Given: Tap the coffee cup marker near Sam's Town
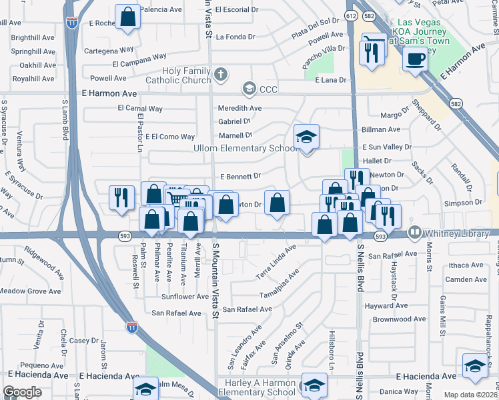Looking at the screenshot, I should [x=414, y=59].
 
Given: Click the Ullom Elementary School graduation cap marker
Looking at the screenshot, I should [x=306, y=137].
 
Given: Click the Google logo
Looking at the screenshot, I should [x=23, y=392].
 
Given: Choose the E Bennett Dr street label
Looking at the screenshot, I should [x=239, y=177].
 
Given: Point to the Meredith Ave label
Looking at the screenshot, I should [x=239, y=108].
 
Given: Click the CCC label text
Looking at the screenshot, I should [x=270, y=89].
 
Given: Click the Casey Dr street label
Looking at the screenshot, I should [x=84, y=340].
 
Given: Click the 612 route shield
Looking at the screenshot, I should [x=351, y=15].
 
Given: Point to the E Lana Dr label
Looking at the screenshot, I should [x=332, y=80].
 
